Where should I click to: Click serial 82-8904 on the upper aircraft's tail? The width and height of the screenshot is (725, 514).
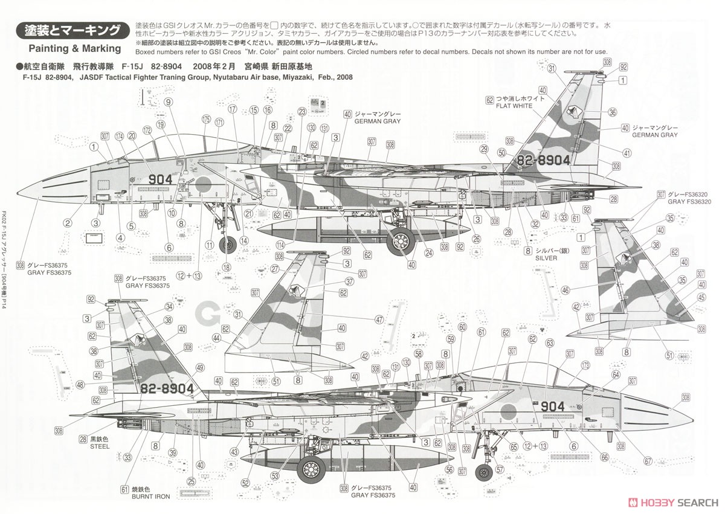point(544,160)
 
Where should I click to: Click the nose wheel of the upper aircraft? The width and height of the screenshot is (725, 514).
point(228,245)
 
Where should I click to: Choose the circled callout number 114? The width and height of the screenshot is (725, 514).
point(280,245)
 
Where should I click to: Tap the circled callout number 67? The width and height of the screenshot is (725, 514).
point(648,462)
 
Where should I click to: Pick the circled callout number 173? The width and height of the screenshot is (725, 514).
point(584,365)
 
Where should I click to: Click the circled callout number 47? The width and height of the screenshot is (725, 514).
point(379,319)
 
